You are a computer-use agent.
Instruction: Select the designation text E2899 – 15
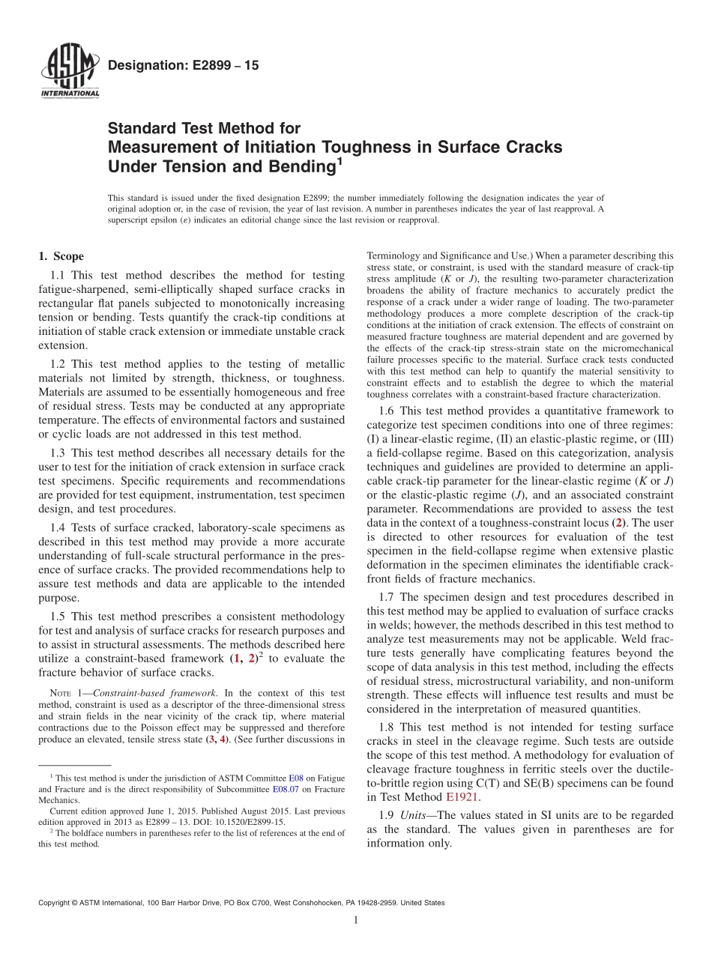coord(183,66)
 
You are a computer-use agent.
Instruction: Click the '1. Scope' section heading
coord(61,256)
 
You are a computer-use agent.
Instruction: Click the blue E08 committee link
coord(296,778)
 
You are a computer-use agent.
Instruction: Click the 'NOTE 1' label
coord(60,694)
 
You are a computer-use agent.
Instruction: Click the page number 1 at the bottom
coord(356,920)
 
